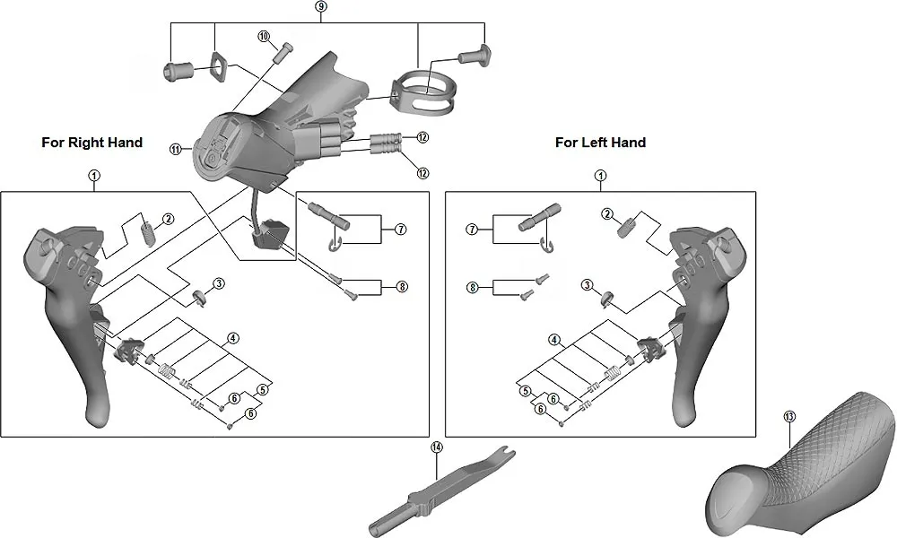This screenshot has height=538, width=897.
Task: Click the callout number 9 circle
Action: (321, 6)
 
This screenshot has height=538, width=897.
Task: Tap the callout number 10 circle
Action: (264, 37)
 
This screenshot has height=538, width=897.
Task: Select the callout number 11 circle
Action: (176, 150)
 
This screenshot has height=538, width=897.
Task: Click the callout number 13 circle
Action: (789, 417)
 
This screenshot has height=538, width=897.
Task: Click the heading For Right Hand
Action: (91, 143)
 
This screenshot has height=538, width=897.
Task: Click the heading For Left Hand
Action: (600, 143)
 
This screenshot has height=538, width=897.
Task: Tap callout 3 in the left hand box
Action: (587, 285)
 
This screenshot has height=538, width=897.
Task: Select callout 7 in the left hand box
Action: (470, 230)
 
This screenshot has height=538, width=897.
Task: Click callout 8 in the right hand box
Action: (402, 287)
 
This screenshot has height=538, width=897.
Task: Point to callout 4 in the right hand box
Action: (232, 338)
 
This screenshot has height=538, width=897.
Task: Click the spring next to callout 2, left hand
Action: (630, 225)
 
